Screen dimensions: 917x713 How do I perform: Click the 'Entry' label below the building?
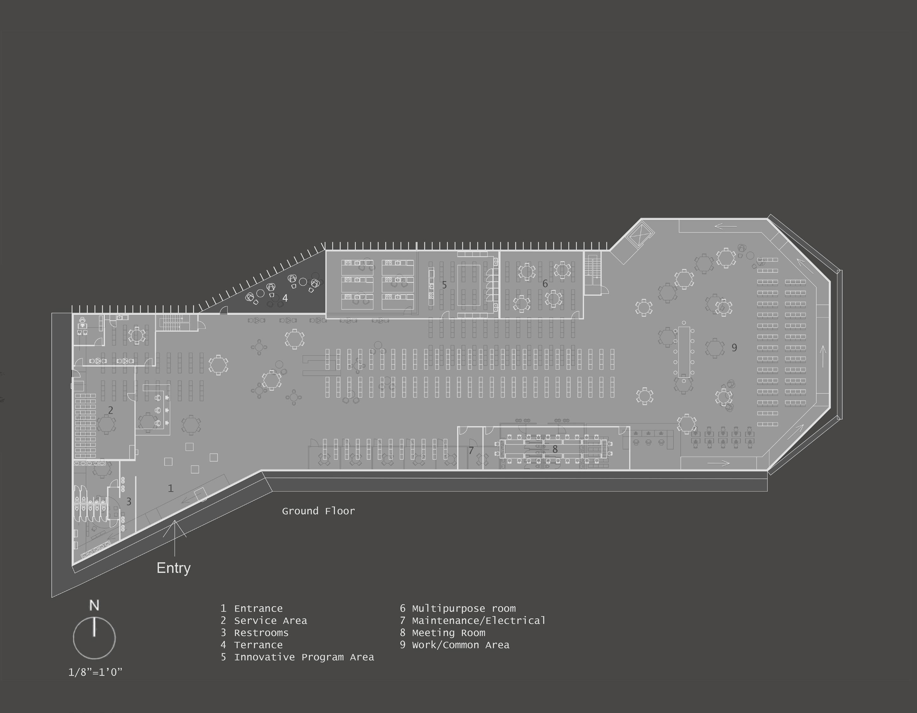[173, 568]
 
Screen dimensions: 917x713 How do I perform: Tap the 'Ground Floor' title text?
[318, 511]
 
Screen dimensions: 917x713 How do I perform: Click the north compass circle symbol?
[94, 638]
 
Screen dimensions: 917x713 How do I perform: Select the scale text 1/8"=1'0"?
[95, 672]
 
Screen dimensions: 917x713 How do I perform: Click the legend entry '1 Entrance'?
[252, 608]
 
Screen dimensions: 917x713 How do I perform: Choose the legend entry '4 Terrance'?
[252, 645]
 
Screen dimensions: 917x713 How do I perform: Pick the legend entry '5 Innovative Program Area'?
[297, 657]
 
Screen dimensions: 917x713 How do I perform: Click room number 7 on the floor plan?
[471, 451]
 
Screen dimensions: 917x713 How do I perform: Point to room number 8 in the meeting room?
[555, 449]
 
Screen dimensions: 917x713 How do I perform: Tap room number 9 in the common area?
[734, 348]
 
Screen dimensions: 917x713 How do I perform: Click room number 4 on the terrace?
[285, 298]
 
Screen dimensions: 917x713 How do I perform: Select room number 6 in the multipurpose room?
[545, 284]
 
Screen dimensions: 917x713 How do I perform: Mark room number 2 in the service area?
[110, 410]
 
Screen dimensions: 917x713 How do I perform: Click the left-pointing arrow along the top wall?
[726, 227]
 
